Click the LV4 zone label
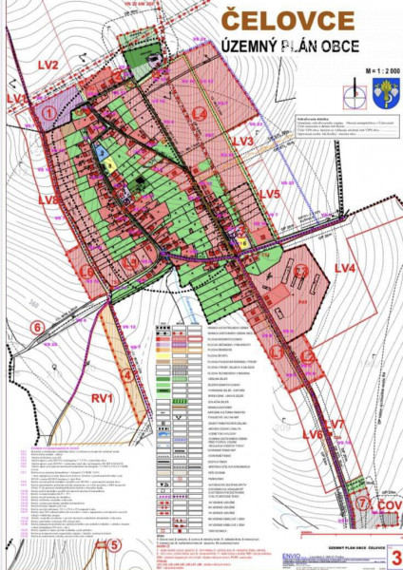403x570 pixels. tap(344, 270)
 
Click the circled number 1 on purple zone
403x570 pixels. tap(48, 113)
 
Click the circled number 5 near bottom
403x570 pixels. tap(113, 545)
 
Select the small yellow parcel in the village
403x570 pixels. tap(110, 163)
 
